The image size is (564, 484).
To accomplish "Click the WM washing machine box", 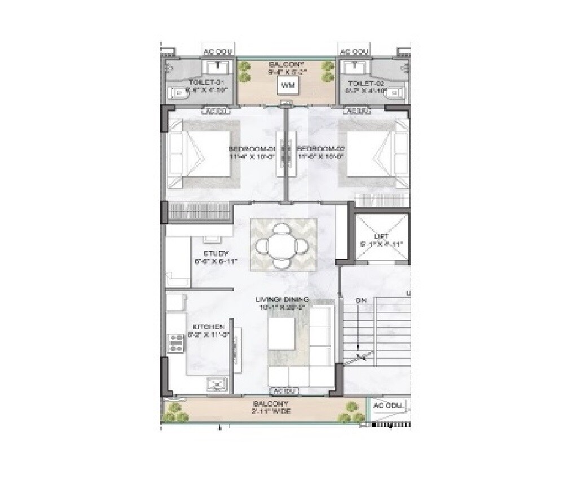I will (288, 86).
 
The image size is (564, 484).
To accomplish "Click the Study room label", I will (215, 254).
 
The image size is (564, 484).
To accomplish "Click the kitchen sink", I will (216, 385).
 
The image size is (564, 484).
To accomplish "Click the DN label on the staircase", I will (362, 301).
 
